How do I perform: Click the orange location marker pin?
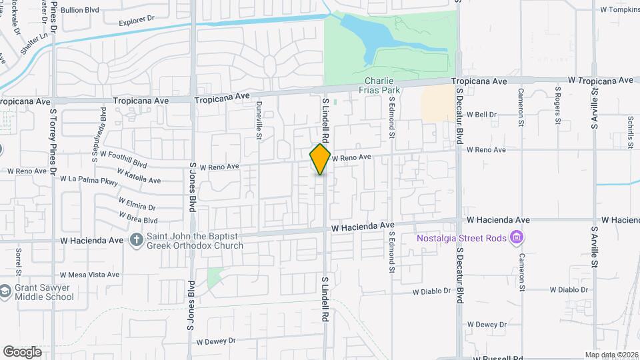(320, 159)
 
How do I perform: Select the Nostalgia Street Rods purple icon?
(516, 237)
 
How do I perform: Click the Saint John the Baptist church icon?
(136, 239)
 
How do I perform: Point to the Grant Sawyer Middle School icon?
(5, 291)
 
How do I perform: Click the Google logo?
(22, 351)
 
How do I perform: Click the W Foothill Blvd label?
(123, 158)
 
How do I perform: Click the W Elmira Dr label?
(137, 203)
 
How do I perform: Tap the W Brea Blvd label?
(137, 217)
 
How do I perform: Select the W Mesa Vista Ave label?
(89, 275)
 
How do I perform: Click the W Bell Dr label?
(481, 115)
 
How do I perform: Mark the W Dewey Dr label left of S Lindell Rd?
(216, 341)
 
